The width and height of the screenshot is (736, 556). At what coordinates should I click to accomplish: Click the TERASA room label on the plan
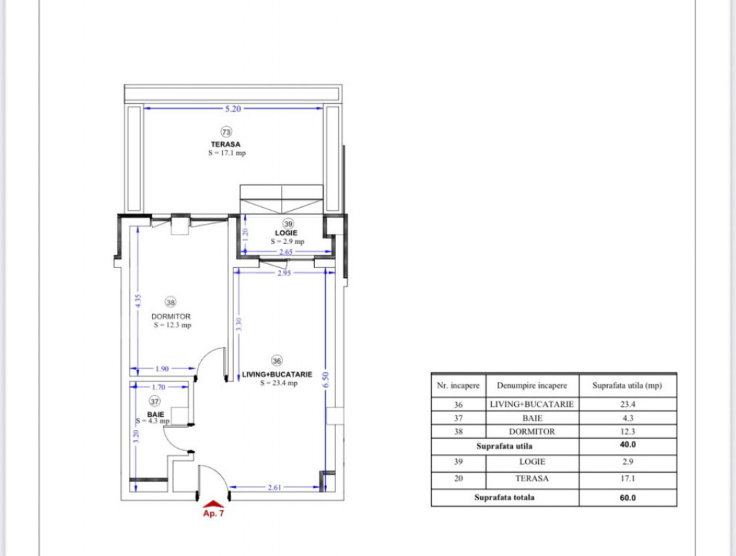226,144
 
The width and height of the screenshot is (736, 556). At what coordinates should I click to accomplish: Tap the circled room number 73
226,132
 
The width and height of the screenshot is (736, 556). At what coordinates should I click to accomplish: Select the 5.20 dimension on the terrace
233,109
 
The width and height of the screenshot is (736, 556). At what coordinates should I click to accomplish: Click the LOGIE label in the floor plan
287,232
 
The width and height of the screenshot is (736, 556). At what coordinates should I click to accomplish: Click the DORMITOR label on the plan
171,316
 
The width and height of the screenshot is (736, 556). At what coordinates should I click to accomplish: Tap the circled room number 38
171,303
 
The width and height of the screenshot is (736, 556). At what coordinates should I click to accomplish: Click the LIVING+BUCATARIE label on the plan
278,374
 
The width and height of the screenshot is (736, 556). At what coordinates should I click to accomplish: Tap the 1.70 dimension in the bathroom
158,387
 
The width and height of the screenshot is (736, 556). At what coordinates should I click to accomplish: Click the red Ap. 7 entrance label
212,513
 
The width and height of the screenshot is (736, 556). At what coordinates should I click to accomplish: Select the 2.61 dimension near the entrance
275,488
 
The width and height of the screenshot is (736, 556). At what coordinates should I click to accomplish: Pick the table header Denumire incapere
532,386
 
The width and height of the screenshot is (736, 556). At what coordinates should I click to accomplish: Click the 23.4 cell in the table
627,405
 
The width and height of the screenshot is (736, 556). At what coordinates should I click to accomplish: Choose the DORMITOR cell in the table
532,431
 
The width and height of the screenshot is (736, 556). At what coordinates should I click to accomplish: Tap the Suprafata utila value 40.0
627,445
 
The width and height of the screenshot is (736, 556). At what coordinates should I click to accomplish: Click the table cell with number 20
459,479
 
